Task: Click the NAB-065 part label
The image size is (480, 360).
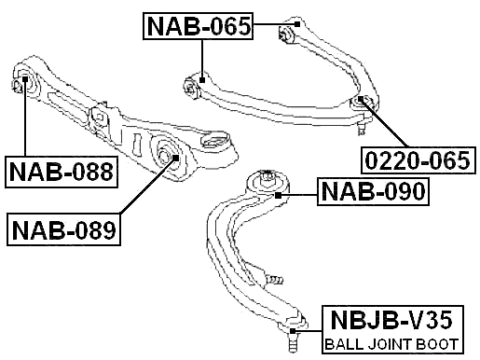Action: coord(199,27)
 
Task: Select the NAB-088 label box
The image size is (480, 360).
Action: coord(62,172)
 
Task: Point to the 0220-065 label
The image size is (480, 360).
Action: coord(418,160)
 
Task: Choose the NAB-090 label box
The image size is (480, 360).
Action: coord(373,193)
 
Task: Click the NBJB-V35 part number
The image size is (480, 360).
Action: coord(391,322)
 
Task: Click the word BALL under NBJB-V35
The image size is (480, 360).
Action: coord(342,345)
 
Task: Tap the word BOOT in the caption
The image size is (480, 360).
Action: coord(434,345)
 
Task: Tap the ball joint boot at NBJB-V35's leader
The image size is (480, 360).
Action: coord(293,330)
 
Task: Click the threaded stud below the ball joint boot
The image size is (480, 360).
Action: coord(294,346)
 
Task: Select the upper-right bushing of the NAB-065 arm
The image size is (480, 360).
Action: coord(288,34)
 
